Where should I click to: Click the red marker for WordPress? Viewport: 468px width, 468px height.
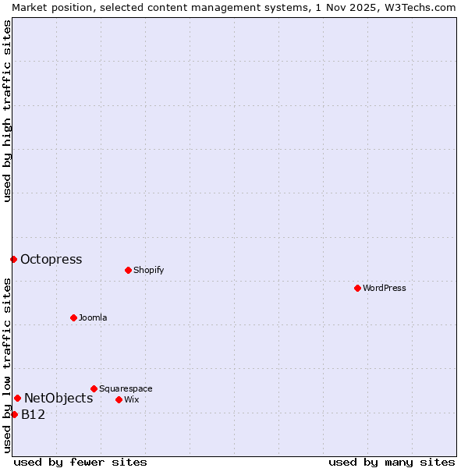click(x=357, y=288)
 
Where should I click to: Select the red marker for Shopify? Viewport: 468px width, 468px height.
click(x=128, y=270)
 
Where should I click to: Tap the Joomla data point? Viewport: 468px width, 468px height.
click(x=73, y=317)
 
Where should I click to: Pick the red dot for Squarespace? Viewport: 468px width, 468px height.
click(x=94, y=388)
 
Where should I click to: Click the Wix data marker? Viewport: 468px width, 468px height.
click(x=119, y=399)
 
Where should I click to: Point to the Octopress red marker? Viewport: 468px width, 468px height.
click(x=13, y=259)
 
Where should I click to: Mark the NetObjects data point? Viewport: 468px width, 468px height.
click(x=17, y=398)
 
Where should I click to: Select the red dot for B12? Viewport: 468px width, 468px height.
click(x=14, y=414)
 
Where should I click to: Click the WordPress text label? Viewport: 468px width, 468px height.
click(x=385, y=288)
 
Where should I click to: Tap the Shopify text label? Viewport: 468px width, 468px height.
click(x=148, y=270)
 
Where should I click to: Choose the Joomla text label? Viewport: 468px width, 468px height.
click(x=93, y=317)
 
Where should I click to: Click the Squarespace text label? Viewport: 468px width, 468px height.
click(x=126, y=388)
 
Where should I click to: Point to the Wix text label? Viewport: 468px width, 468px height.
click(x=131, y=399)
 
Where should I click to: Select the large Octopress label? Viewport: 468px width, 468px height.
click(x=51, y=259)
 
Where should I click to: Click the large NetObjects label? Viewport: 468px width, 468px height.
click(x=58, y=398)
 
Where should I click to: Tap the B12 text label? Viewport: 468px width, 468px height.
click(x=33, y=414)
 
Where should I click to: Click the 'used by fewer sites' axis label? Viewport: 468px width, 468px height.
click(x=80, y=462)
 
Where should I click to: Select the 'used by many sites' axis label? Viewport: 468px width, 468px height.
click(x=392, y=462)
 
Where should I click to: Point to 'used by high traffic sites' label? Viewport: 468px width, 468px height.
click(x=7, y=111)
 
